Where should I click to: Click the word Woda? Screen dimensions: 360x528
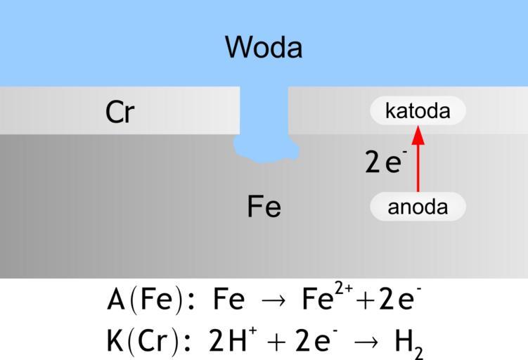[x=264, y=47]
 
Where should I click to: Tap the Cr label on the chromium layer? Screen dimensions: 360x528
[x=120, y=112]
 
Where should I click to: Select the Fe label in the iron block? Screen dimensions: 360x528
[x=264, y=207]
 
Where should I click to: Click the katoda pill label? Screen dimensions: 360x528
[x=418, y=110]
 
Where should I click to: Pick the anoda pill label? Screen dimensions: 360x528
[x=418, y=207]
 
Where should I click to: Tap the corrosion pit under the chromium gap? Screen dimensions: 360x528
[x=266, y=149]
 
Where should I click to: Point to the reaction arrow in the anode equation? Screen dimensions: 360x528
[x=273, y=301]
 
